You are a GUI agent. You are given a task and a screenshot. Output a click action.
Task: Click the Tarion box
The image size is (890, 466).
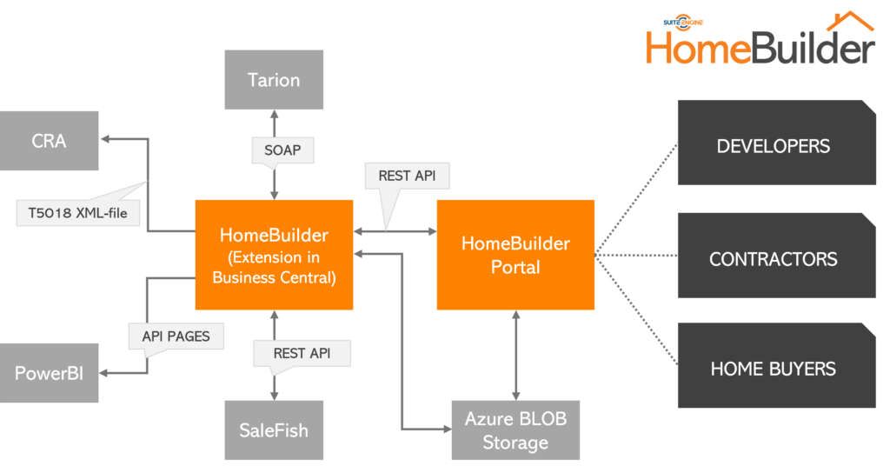[274, 80]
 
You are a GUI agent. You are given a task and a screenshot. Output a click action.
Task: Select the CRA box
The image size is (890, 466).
[49, 141]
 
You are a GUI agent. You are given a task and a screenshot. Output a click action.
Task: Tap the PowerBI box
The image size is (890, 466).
[49, 373]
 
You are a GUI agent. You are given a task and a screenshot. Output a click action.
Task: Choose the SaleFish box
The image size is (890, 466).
[274, 430]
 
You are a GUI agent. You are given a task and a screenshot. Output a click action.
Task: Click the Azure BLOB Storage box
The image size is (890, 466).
[515, 430]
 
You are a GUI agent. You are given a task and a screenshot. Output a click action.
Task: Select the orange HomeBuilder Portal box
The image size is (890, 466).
[515, 255]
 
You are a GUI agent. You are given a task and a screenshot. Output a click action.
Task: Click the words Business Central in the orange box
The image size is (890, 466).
[273, 277]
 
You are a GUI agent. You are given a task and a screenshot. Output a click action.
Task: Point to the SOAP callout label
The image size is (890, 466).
[282, 150]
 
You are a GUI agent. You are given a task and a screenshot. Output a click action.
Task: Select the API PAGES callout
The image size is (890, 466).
[176, 336]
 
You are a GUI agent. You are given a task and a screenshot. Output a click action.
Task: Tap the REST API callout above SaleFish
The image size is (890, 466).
[302, 353]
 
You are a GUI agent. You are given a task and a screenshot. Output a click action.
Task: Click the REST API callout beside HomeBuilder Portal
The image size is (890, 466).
[407, 176]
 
